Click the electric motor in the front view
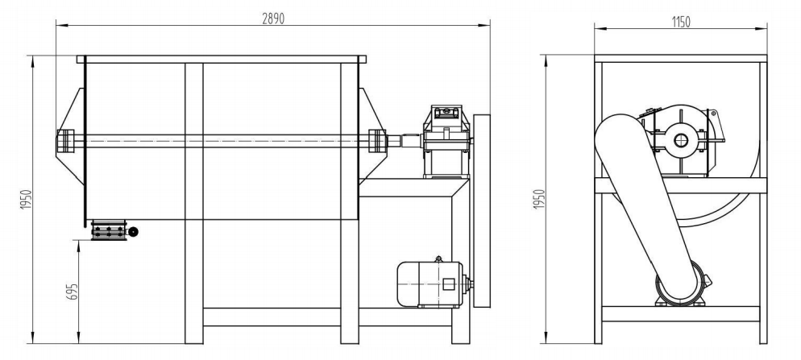[428, 283]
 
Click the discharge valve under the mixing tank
[110, 231]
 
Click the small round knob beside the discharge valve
[133, 232]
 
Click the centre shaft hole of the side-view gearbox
[682, 140]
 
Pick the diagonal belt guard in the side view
[645, 201]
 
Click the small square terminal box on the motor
[449, 283]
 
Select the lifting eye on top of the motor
[438, 259]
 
